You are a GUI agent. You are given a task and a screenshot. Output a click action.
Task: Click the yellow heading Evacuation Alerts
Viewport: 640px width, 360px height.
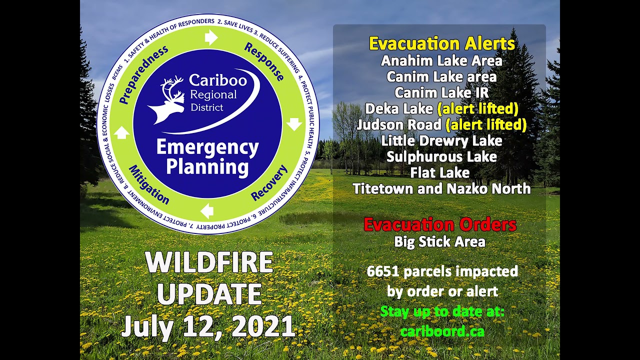click(x=442, y=43)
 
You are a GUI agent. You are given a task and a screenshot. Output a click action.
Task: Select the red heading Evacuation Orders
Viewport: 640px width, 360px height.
click(x=440, y=224)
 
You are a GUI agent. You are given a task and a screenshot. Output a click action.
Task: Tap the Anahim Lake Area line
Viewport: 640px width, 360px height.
click(x=441, y=61)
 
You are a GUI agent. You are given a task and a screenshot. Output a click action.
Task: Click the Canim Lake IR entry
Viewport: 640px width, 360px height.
click(x=441, y=93)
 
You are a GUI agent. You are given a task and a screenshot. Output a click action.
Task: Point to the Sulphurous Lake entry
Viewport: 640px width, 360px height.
click(x=441, y=157)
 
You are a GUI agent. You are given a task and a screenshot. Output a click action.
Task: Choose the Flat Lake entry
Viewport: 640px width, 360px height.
click(x=440, y=173)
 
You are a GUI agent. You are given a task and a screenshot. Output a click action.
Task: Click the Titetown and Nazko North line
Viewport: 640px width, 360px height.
click(x=441, y=189)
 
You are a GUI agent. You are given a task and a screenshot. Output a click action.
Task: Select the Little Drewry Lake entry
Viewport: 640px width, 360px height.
click(x=441, y=141)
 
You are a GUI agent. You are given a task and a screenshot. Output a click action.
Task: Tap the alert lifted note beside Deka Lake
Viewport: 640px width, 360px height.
click(x=477, y=109)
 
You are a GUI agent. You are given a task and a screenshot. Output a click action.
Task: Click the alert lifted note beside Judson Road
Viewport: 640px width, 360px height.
click(x=486, y=125)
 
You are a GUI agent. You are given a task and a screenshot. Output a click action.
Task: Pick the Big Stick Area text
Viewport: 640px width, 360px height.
click(x=439, y=242)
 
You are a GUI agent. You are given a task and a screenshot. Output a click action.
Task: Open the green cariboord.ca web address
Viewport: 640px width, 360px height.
click(x=442, y=331)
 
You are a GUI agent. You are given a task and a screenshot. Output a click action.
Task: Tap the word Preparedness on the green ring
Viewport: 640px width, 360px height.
click(x=143, y=74)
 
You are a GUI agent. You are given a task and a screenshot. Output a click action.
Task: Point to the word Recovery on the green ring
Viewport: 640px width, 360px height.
click(x=269, y=182)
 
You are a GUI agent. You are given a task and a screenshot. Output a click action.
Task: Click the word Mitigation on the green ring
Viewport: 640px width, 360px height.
click(x=148, y=184)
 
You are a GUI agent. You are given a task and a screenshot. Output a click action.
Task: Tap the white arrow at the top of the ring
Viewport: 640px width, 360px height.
click(x=211, y=37)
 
